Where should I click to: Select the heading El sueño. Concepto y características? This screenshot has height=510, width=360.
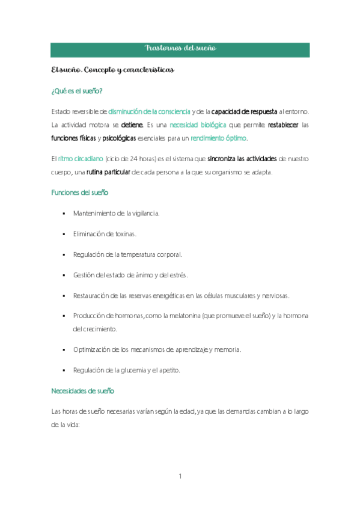(113, 70)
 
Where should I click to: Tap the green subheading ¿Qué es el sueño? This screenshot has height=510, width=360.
(77, 91)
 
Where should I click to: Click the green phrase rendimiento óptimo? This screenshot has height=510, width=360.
(218, 138)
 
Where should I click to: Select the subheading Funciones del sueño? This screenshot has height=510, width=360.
(80, 192)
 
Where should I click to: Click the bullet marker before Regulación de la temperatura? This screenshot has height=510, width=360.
(63, 254)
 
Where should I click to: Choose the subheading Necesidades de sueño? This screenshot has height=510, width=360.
(82, 391)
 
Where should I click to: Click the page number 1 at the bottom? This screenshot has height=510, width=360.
(180, 476)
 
